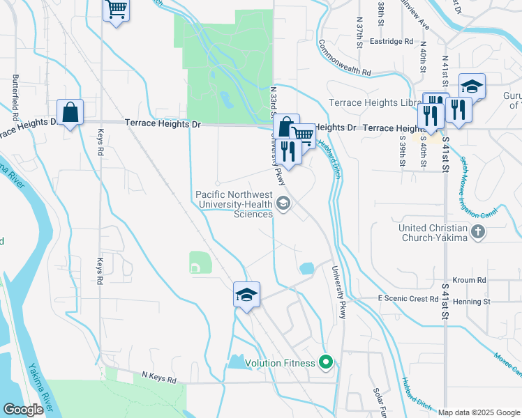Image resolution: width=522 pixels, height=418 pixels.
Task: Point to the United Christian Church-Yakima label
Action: (x=433, y=233)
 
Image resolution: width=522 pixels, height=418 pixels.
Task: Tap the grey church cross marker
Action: (x=478, y=232)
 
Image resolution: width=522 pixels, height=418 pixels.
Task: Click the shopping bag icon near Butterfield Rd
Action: (x=70, y=111)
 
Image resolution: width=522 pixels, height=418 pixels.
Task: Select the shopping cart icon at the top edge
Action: (x=116, y=10)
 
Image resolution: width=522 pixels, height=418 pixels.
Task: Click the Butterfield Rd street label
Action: (x=15, y=93)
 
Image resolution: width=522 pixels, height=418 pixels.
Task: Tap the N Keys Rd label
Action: (x=159, y=380)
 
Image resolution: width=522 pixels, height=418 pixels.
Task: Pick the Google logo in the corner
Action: (x=23, y=410)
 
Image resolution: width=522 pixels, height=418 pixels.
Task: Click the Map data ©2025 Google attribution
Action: (x=479, y=412)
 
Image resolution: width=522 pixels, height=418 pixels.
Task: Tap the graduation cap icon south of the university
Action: (x=247, y=295)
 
